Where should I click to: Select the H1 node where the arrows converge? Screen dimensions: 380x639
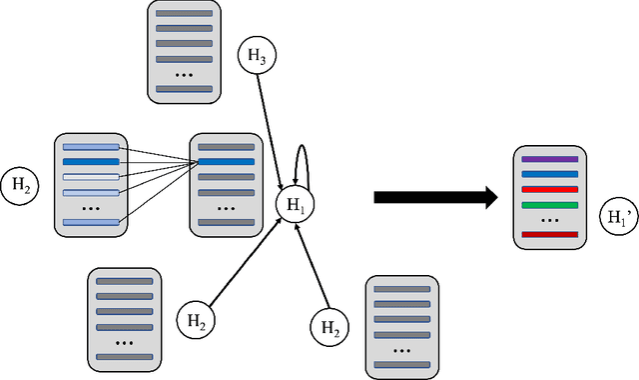[x=294, y=205]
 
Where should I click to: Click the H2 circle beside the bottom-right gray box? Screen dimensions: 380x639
[x=329, y=326]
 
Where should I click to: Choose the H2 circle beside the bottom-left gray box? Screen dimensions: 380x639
[x=196, y=321]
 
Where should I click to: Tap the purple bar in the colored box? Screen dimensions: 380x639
[x=549, y=159]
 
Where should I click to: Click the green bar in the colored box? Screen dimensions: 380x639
[x=549, y=205]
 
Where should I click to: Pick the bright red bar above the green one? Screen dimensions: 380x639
[x=549, y=189]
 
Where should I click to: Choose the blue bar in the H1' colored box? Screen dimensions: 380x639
[x=549, y=174]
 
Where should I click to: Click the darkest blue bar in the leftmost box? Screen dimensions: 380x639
[x=90, y=161]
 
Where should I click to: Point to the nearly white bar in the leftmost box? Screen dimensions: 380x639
[x=90, y=177]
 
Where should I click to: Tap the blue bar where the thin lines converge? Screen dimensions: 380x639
[x=226, y=161]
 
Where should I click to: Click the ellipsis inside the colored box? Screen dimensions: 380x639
[x=549, y=220]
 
